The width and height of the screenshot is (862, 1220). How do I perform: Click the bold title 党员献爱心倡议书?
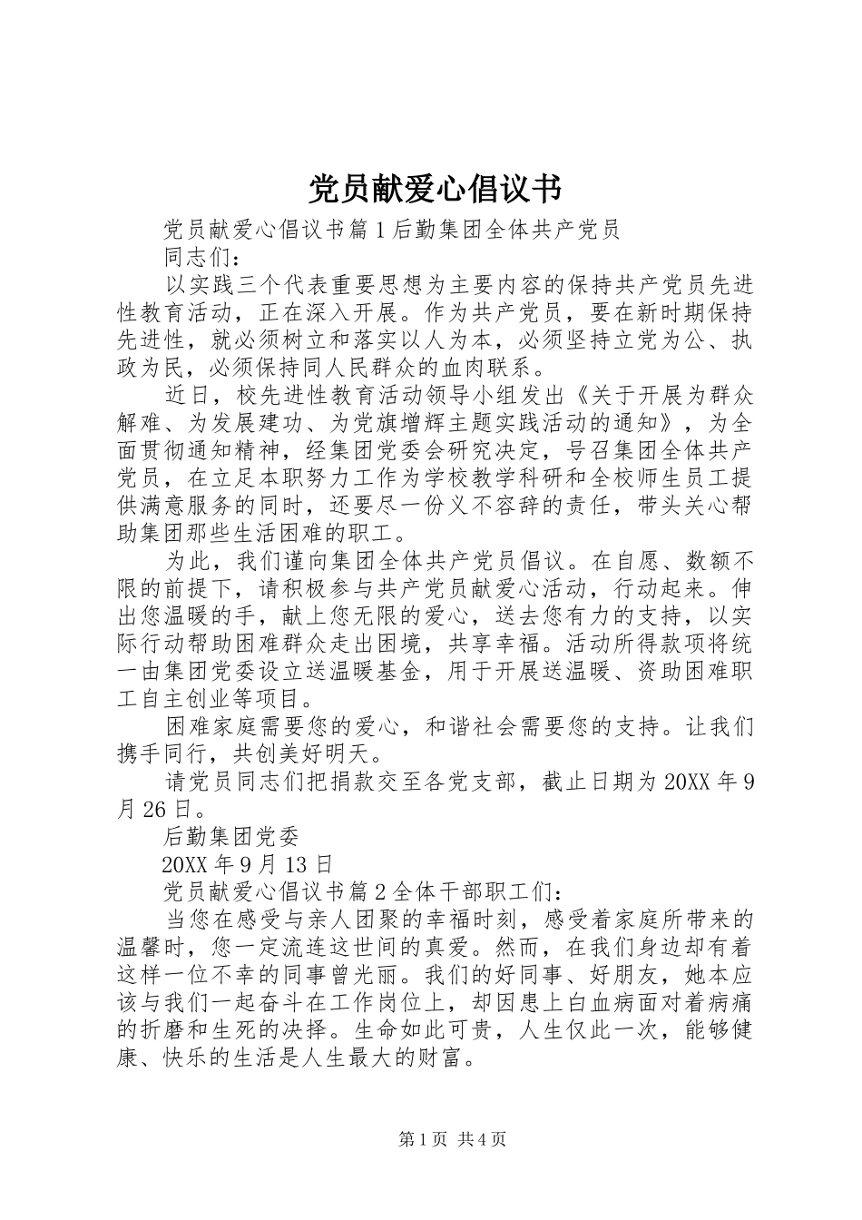(435, 189)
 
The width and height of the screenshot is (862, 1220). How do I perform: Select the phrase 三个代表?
(281, 287)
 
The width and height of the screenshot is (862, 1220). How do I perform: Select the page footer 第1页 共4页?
(452, 1140)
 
